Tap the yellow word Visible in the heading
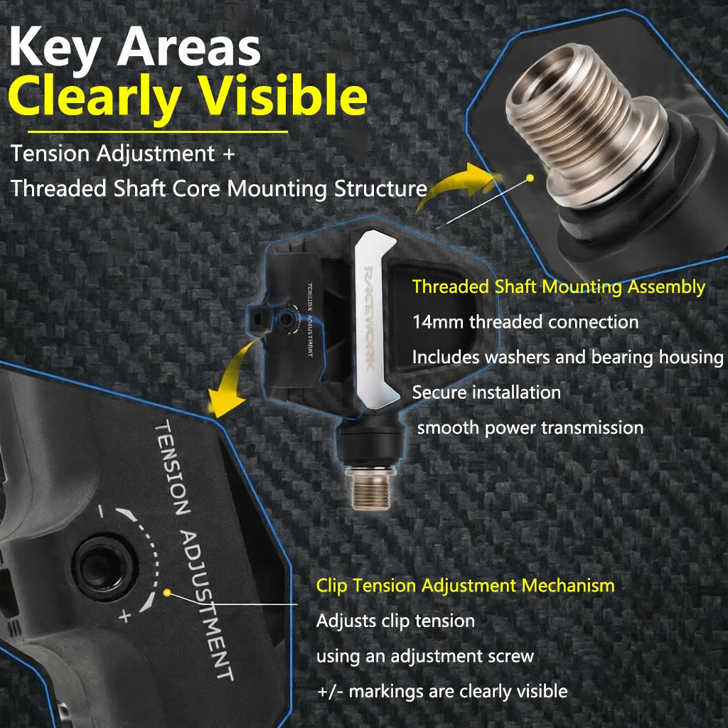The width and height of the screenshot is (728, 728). click(283, 95)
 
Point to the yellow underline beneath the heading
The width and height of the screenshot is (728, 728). click(158, 132)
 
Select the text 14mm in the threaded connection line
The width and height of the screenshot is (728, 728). click(437, 322)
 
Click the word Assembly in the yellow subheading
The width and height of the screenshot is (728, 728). click(666, 288)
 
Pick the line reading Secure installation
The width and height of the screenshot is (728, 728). click(486, 392)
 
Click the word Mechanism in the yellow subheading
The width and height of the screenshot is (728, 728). click(568, 586)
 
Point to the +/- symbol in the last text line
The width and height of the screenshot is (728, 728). click(330, 692)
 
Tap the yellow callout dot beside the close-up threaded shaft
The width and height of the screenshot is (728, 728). click(530, 178)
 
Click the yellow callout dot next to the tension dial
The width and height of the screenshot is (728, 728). click(168, 593)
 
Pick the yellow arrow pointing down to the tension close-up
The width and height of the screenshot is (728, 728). click(232, 381)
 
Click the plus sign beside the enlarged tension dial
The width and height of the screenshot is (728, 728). click(124, 616)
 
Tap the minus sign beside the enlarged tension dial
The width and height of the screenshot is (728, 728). click(101, 511)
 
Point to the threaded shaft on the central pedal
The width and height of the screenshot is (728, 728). click(370, 488)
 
